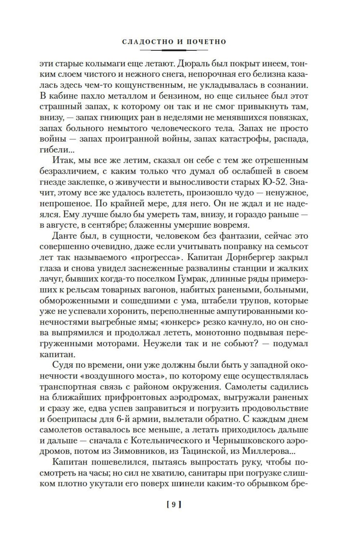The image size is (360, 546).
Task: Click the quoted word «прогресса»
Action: tap(183, 258)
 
